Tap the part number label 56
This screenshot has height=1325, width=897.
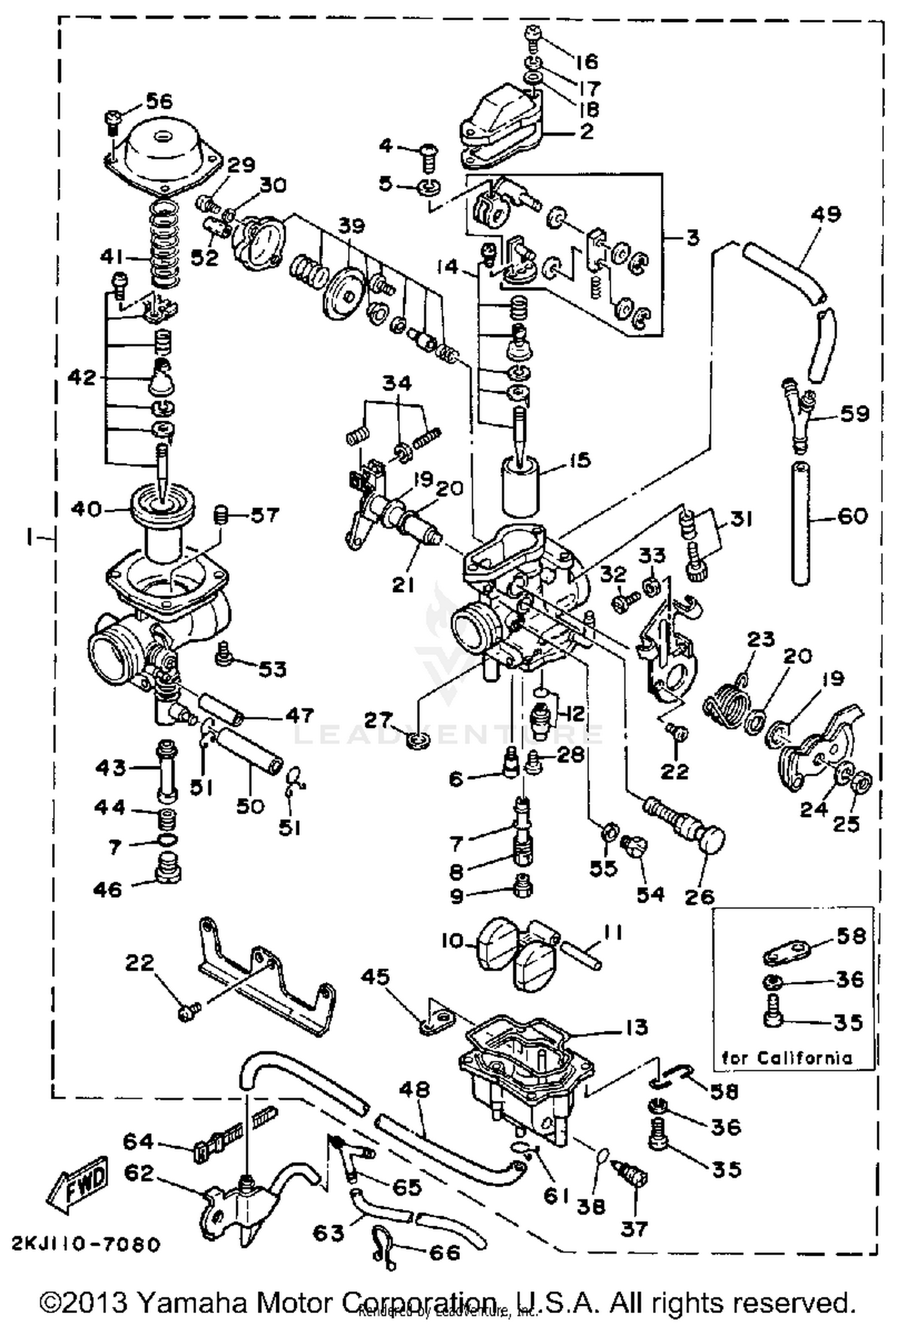tap(158, 100)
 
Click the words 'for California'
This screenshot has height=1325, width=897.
tap(786, 1058)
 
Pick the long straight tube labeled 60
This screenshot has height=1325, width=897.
tap(801, 522)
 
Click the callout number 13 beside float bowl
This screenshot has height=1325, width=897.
tap(637, 1027)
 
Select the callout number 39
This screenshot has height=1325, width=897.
tap(351, 226)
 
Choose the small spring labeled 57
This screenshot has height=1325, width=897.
tap(221, 514)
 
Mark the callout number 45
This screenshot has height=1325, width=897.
tap(375, 977)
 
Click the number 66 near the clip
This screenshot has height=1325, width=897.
tap(445, 1253)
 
